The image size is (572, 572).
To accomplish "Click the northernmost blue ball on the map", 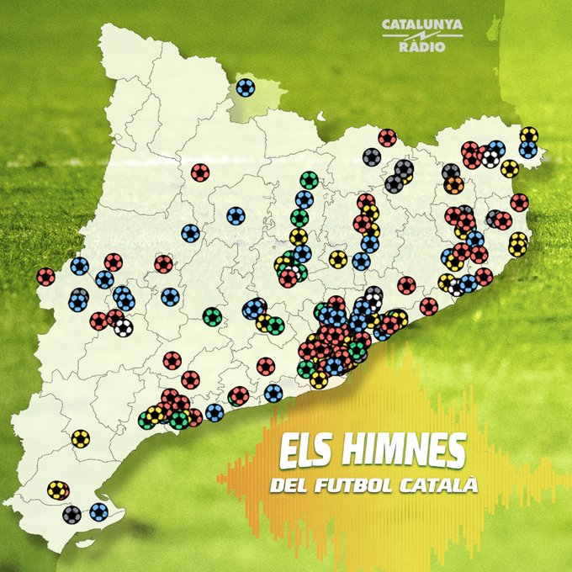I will [x=246, y=87].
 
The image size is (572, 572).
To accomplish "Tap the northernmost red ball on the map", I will [x=387, y=137].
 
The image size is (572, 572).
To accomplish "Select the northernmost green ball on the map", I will [x=310, y=180].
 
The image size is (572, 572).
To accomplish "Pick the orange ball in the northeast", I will [x=454, y=184].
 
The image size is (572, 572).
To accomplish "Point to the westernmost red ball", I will [x=45, y=277].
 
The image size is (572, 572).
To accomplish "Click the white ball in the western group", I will [x=124, y=327].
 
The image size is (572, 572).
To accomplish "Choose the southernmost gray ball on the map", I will [x=71, y=514].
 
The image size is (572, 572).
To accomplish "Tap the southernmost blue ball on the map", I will [x=99, y=511].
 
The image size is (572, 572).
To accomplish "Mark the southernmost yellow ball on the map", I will [x=56, y=490].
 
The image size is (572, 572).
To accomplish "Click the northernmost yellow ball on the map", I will [x=528, y=135].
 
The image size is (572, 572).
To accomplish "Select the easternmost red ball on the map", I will [x=519, y=203].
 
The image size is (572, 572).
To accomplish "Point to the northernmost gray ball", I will [x=372, y=156].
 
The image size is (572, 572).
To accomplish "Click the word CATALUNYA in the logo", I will [x=422, y=25].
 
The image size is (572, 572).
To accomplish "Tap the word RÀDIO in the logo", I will [x=422, y=47].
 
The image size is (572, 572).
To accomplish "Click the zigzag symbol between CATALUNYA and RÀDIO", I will [x=422, y=36].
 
